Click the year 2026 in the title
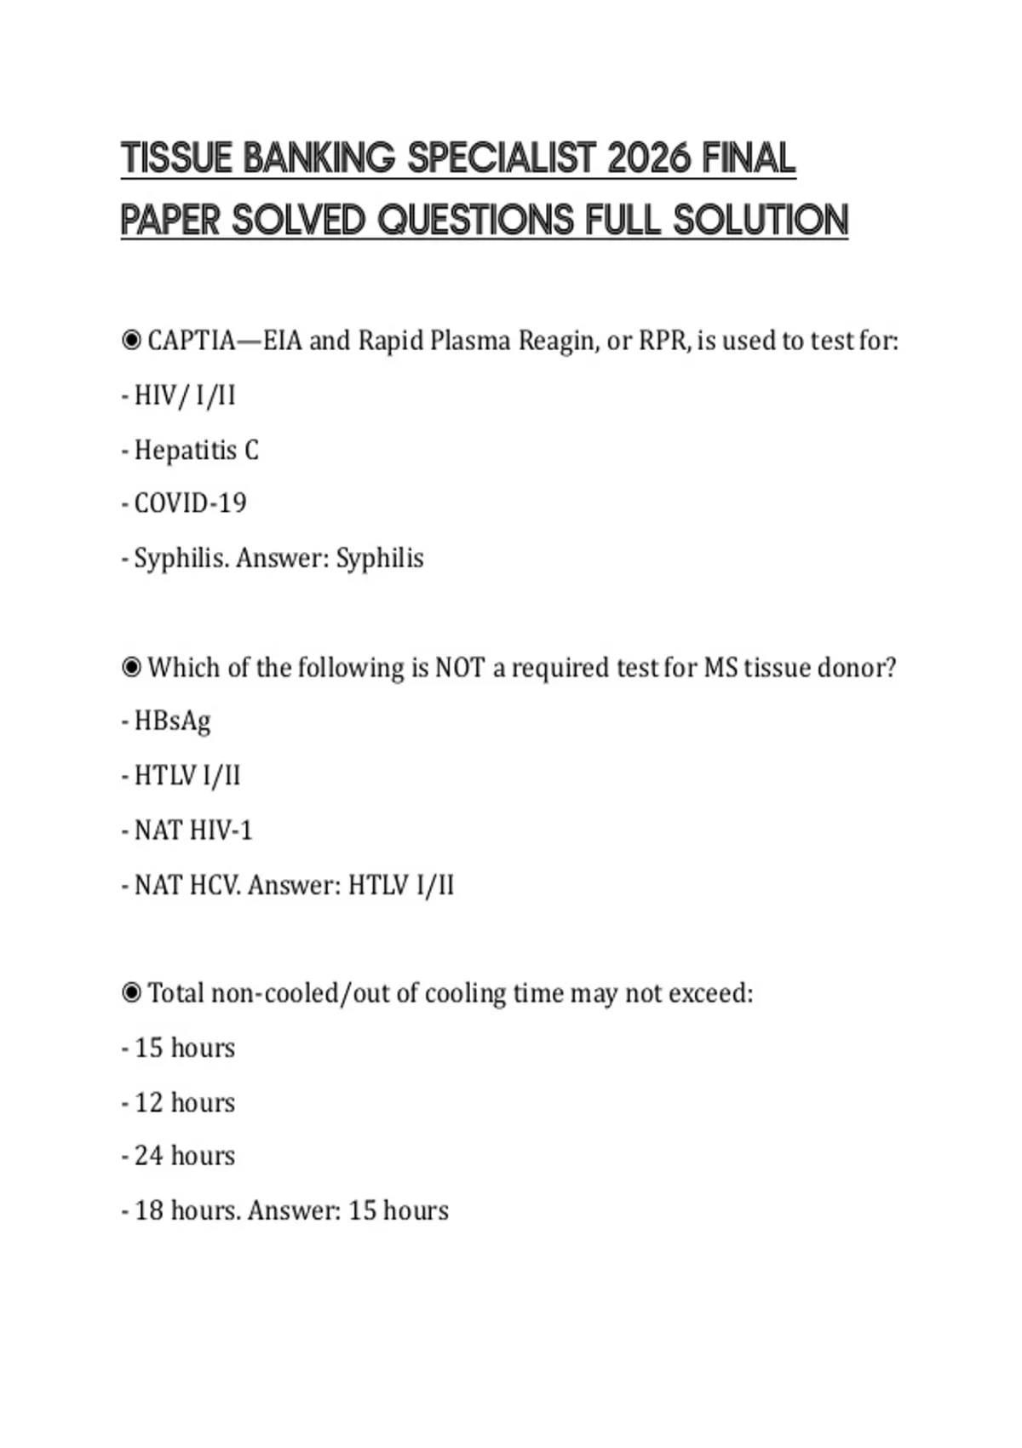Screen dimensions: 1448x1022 coord(648,158)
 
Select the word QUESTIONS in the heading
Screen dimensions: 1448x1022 coord(475,221)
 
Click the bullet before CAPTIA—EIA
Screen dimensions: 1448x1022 coord(131,341)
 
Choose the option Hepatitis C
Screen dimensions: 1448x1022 coord(196,450)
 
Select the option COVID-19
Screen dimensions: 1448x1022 coord(190,503)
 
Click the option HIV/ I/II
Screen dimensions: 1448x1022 coord(185,395)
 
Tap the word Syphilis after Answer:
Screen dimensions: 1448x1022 coord(380,558)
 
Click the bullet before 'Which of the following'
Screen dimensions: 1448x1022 coord(131,667)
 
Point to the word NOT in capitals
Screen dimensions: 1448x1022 coord(460,667)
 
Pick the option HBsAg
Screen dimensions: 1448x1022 coord(172,721)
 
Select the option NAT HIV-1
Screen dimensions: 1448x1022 coord(193,830)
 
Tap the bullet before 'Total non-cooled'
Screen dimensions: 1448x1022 coord(131,993)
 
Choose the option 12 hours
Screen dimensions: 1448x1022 coord(184,1102)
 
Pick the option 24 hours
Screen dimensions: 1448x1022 coord(184,1156)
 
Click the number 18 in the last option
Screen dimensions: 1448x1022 coord(149,1210)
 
